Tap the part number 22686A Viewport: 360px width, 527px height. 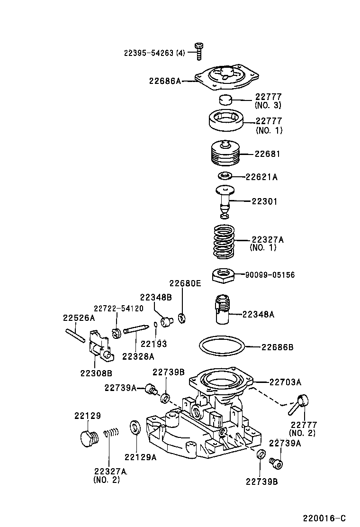165,81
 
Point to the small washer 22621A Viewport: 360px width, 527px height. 224,176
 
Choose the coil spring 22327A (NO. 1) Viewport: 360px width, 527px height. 224,241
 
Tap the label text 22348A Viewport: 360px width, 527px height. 259,314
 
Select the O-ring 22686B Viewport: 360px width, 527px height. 222,347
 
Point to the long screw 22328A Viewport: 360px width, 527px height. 135,331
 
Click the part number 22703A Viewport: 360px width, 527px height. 285,382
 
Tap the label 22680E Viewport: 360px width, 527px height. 185,284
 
